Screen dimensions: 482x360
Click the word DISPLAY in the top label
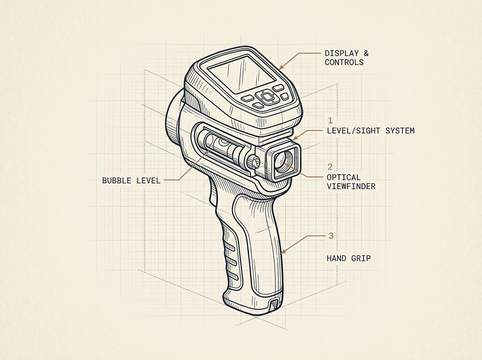[x=341, y=53]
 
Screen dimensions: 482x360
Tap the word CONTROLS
[x=344, y=62]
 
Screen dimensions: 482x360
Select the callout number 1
[x=330, y=121]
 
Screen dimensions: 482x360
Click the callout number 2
[x=330, y=167]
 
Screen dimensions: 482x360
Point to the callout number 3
[x=331, y=236]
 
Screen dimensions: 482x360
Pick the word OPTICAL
[x=344, y=177]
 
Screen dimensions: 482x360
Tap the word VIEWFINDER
[x=351, y=186]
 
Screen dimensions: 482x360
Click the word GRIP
[x=361, y=258]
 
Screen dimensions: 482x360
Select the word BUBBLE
[x=116, y=181]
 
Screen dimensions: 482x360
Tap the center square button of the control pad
[x=267, y=97]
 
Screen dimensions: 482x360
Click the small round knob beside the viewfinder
[x=253, y=162]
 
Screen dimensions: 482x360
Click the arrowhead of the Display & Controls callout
[x=281, y=67]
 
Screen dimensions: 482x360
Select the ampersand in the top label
[x=366, y=53]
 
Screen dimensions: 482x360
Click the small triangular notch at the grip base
[x=274, y=305]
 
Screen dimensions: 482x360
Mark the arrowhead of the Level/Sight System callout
[x=295, y=138]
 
